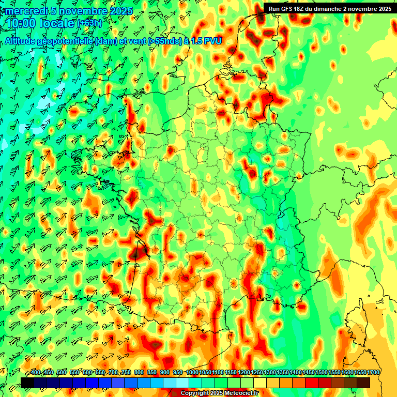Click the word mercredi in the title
[x=26, y=11]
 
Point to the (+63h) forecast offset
[x=89, y=24]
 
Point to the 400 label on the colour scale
[x=36, y=373]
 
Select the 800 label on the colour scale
[x=139, y=373]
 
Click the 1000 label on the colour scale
[x=192, y=373]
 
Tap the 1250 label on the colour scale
[x=257, y=373]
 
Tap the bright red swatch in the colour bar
[x=312, y=383]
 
